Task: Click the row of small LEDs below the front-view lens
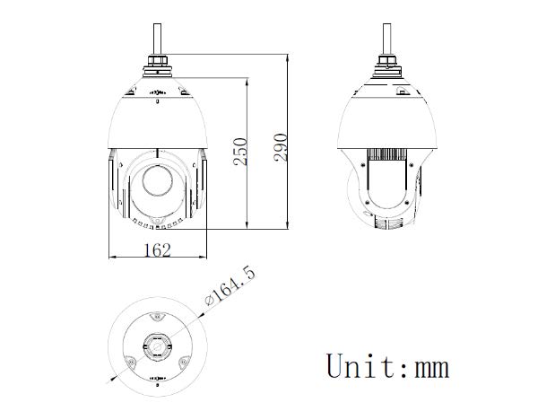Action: [x=158, y=221]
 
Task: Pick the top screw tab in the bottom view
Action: [x=158, y=316]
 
